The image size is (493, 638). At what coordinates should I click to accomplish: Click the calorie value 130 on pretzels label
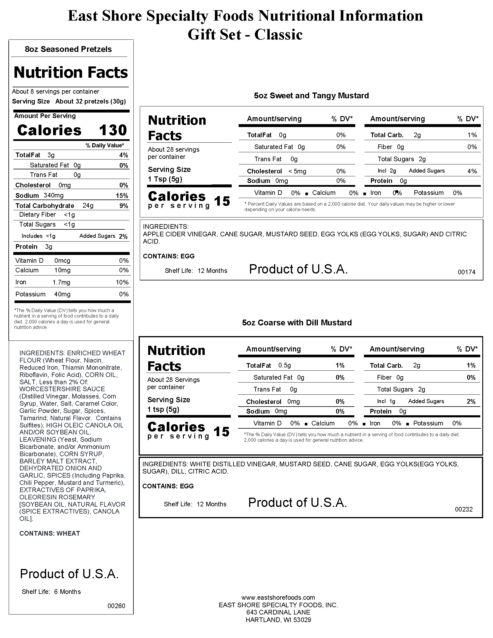[113, 130]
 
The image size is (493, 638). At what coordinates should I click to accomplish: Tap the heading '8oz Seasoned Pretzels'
[68, 49]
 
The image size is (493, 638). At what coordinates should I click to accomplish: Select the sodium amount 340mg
[53, 195]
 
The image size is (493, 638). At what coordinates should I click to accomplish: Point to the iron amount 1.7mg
[61, 282]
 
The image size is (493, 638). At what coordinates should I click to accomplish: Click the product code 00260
[116, 606]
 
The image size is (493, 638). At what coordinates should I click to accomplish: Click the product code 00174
[466, 272]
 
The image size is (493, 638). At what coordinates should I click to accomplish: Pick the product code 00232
[463, 509]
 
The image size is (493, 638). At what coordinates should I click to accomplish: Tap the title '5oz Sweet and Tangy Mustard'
[311, 95]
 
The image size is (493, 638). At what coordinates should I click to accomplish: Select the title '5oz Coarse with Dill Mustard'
[297, 322]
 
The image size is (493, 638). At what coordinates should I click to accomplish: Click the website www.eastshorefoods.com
[278, 597]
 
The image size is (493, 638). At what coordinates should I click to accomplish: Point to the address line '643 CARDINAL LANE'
[278, 612]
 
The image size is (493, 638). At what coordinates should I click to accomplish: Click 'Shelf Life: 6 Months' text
[51, 592]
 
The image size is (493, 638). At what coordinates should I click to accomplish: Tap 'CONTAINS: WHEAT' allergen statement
[50, 533]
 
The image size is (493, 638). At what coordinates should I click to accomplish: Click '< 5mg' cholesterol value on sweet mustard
[297, 171]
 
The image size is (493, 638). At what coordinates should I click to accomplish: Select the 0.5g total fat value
[284, 365]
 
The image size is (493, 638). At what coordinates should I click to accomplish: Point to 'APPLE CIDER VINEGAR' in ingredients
[180, 234]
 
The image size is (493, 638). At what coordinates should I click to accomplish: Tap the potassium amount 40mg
[62, 294]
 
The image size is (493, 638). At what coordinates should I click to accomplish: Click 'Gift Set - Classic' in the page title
[245, 35]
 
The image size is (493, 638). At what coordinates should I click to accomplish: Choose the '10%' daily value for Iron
[122, 282]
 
